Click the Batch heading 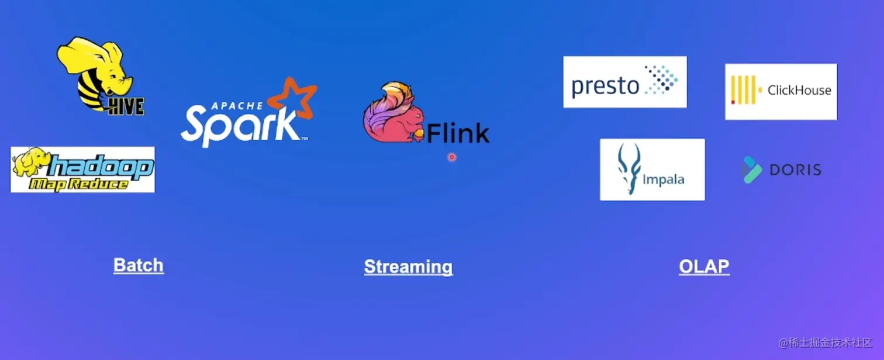tap(139, 265)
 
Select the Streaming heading tap(408, 266)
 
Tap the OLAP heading tap(704, 266)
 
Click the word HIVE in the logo tap(125, 106)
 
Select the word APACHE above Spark tap(236, 106)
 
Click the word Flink tap(458, 134)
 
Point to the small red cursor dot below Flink tap(451, 157)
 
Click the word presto tap(605, 86)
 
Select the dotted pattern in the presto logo tap(661, 80)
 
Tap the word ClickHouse tap(799, 90)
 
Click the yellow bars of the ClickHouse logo tap(744, 90)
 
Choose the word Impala tap(663, 179)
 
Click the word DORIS tap(795, 170)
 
